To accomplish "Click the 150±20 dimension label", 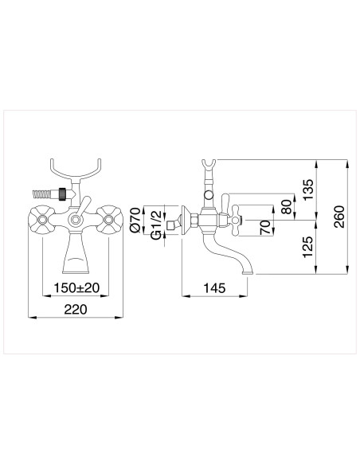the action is click(76, 287).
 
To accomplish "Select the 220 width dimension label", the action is click(76, 309).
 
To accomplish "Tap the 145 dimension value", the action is click(214, 287).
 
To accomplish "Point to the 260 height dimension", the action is click(339, 217).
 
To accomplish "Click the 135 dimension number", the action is click(308, 190).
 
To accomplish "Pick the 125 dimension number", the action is click(308, 247).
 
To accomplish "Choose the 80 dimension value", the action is click(287, 207).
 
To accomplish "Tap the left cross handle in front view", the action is click(42, 220).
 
